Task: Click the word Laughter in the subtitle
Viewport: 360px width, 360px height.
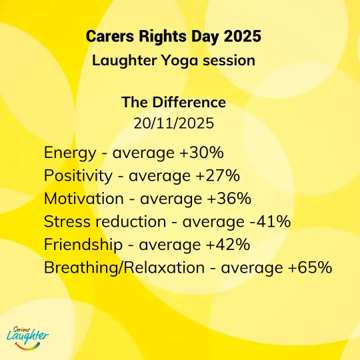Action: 125,61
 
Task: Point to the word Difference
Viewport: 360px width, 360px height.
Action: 189,102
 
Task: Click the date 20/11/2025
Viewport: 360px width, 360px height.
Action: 174,123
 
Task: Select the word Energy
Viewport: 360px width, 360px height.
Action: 70,153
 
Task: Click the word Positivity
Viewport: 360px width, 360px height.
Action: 78,176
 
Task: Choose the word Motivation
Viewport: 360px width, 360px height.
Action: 84,199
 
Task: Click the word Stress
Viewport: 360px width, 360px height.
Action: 67,221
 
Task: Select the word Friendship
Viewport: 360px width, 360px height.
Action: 83,245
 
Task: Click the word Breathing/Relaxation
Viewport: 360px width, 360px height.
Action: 124,268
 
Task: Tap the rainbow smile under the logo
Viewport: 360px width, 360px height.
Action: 27,347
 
